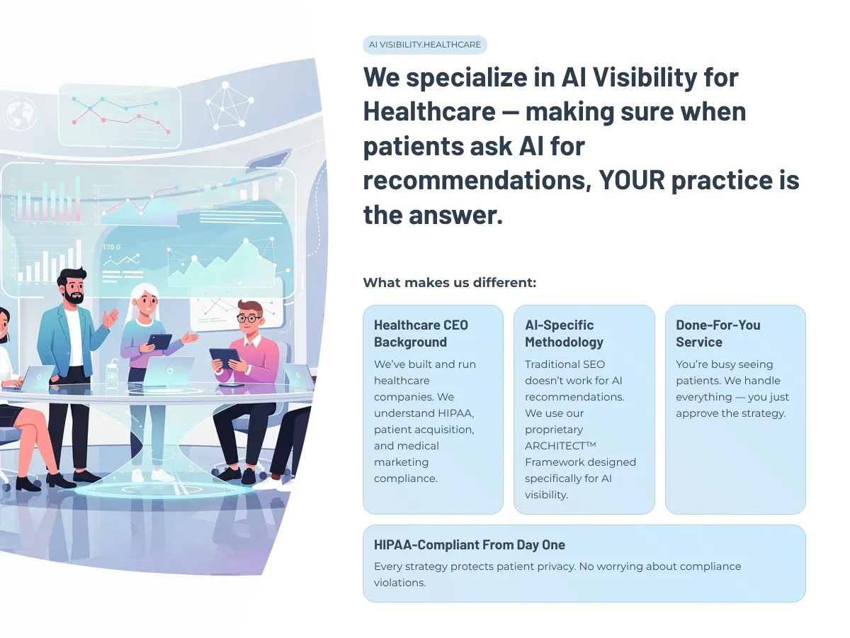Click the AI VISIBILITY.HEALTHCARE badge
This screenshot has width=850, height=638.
(x=424, y=45)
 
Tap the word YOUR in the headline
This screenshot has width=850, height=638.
(x=632, y=180)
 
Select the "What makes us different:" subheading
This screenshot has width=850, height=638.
(x=450, y=282)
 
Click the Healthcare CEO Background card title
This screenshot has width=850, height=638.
(x=421, y=333)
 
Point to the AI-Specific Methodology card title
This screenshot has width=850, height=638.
(x=564, y=333)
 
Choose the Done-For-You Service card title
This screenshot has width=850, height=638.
(x=718, y=333)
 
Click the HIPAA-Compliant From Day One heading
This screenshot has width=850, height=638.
(x=470, y=544)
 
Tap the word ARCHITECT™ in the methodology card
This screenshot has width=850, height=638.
(x=560, y=446)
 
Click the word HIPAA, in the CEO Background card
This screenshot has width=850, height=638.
(x=456, y=413)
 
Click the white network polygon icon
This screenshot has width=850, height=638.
(x=229, y=106)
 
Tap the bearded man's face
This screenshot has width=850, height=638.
(x=74, y=288)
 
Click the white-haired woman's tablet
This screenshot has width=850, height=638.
(x=159, y=341)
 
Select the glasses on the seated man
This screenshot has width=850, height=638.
(x=249, y=319)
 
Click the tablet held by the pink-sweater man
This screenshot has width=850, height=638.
(x=225, y=358)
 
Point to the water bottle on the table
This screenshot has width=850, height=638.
(x=112, y=374)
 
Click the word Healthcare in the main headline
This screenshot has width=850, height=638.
(x=429, y=111)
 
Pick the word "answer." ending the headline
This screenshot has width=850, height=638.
(x=455, y=215)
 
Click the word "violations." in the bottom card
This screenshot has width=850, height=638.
(x=400, y=583)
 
